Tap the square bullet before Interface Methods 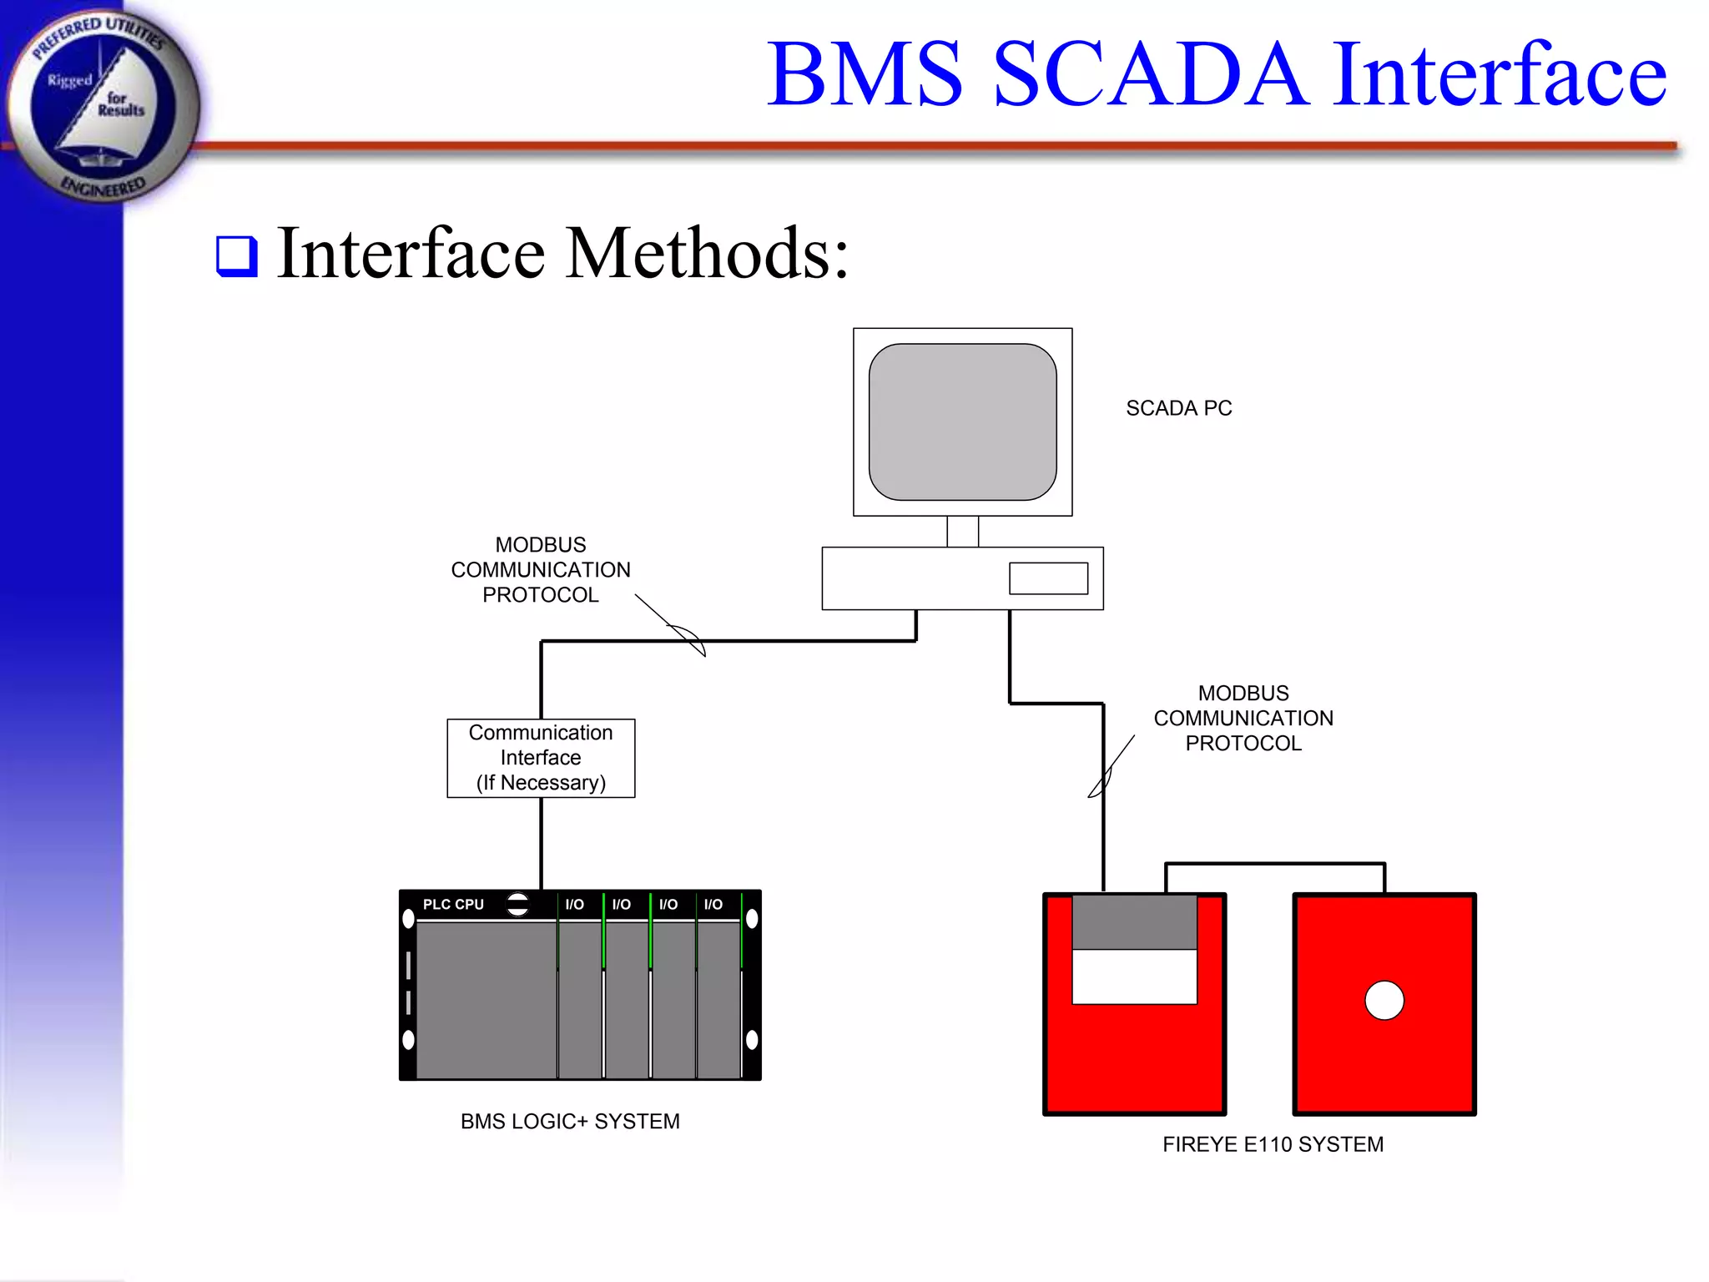237,256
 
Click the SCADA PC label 1178,408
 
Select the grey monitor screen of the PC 962,421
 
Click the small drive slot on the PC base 1048,578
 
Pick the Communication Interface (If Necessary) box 541,758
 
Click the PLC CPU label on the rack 453,905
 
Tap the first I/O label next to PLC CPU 574,905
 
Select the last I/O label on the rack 713,905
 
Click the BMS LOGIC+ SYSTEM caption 570,1122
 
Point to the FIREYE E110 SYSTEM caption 1273,1144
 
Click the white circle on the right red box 1384,1000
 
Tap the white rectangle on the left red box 1134,977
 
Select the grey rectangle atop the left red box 1134,922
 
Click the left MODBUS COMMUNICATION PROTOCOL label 541,570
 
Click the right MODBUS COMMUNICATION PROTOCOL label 1243,719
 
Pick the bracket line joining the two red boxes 1275,864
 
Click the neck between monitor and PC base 962,532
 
